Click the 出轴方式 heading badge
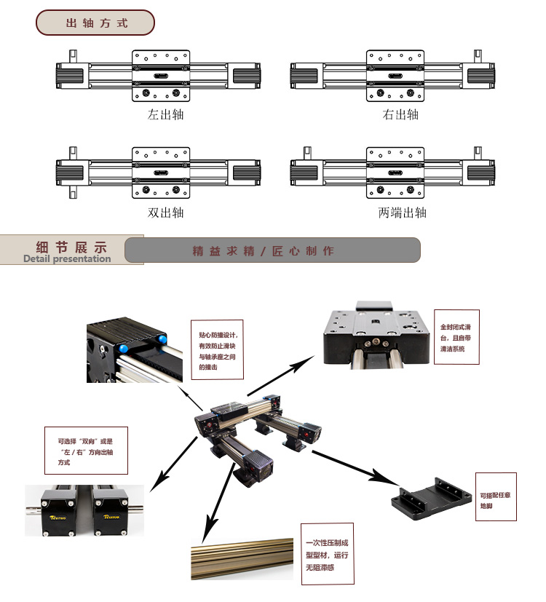pyautogui.click(x=95, y=23)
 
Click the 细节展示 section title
pyautogui.click(x=71, y=246)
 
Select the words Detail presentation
pyautogui.click(x=67, y=258)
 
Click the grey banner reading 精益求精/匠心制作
pyautogui.click(x=272, y=250)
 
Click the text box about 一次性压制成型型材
pyautogui.click(x=328, y=553)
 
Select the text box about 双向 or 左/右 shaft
pyautogui.click(x=86, y=451)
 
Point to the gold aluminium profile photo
pyautogui.click(x=245, y=559)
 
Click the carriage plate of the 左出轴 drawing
pyautogui.click(x=162, y=75)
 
